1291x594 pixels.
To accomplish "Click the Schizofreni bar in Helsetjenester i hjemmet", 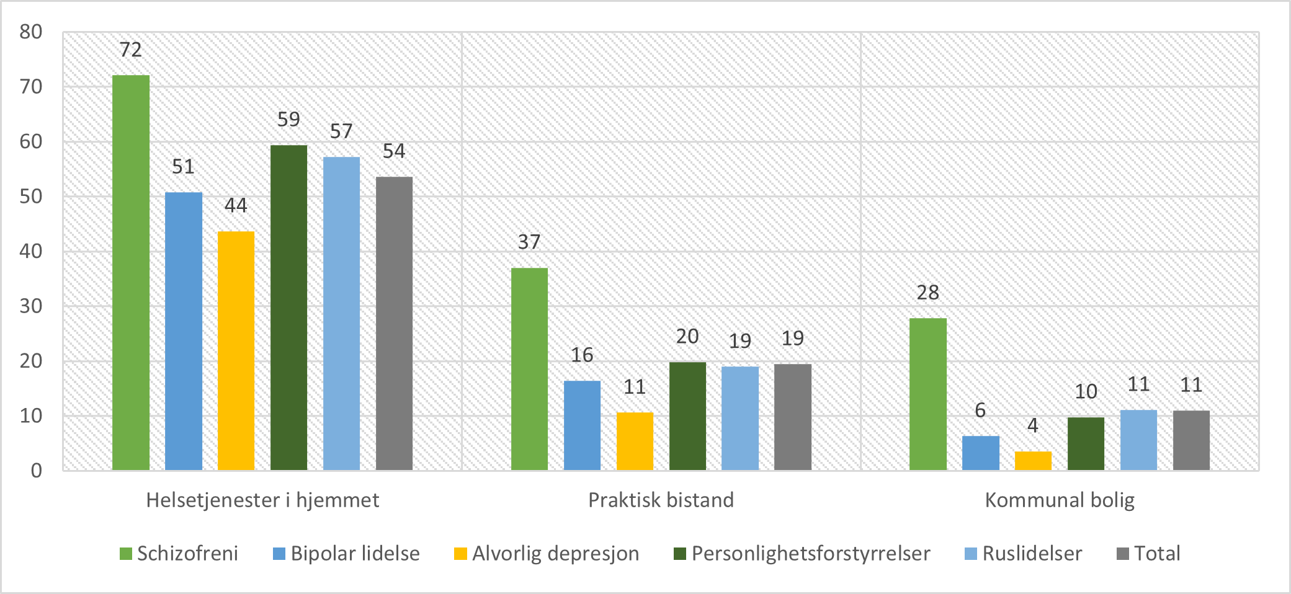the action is (131, 273).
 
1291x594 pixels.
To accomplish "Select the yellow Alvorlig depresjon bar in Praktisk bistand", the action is (635, 441).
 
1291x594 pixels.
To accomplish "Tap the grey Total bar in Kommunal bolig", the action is (1191, 440).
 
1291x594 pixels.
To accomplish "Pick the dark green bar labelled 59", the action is (288, 308).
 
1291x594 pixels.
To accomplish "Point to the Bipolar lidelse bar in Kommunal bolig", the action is (980, 453).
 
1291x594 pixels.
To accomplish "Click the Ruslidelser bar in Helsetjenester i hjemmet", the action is (341, 313).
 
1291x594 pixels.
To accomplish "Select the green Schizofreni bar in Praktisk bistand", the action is (529, 369).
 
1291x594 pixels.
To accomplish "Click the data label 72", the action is (131, 50).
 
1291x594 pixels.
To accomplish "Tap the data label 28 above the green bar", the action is (927, 293).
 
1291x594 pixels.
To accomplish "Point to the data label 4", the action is (1032, 425).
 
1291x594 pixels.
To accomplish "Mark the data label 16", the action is (582, 355).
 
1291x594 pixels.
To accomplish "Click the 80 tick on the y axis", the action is (31, 32).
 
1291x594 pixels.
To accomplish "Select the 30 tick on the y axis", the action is (31, 306).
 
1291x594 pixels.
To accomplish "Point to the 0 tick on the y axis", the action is (36, 471).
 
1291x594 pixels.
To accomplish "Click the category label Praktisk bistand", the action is (661, 500).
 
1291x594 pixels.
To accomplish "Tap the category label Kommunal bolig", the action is (1060, 500).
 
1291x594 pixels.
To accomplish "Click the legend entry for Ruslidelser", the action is (1024, 554).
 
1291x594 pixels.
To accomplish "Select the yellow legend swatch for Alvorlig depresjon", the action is (460, 554).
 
